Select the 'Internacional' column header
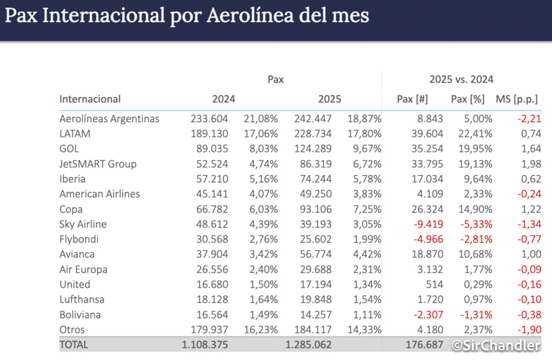90,99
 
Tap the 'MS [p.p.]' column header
517,99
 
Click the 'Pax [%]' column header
469,99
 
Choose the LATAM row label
75,134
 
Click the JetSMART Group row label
98,163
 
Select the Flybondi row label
80,239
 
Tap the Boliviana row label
81,313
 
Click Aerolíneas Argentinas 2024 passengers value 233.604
209,119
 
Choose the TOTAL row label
75,343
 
